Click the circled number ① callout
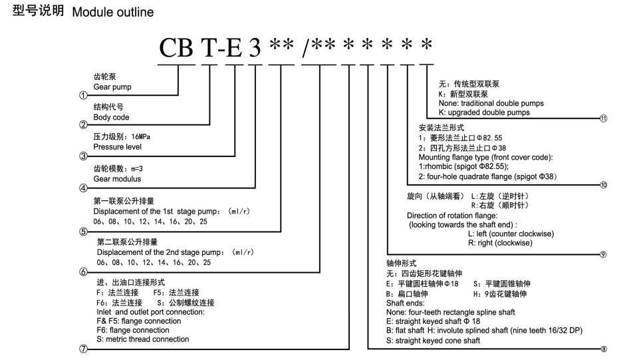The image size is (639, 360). (x=83, y=95)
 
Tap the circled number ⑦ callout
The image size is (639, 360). (x=83, y=349)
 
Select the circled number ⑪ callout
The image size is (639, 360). (x=603, y=118)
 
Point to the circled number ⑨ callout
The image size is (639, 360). (x=603, y=255)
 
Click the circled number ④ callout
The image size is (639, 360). (x=83, y=188)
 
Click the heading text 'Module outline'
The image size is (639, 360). (x=113, y=12)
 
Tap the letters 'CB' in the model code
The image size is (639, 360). (x=176, y=48)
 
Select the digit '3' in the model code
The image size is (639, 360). (x=255, y=48)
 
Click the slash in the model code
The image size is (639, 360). (x=307, y=48)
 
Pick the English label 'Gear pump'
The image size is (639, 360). (x=112, y=87)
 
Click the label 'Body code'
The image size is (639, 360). (x=111, y=117)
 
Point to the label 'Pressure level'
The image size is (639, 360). (x=118, y=147)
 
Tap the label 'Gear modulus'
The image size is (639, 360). (x=117, y=178)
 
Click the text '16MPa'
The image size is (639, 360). (x=140, y=136)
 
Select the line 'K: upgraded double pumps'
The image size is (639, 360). (x=484, y=112)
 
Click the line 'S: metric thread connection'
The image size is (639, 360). (x=143, y=339)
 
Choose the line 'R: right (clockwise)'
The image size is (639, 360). (x=500, y=243)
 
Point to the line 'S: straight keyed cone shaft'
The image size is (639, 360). (x=433, y=341)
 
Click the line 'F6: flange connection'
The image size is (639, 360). (x=133, y=330)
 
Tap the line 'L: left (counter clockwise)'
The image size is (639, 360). (x=511, y=234)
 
